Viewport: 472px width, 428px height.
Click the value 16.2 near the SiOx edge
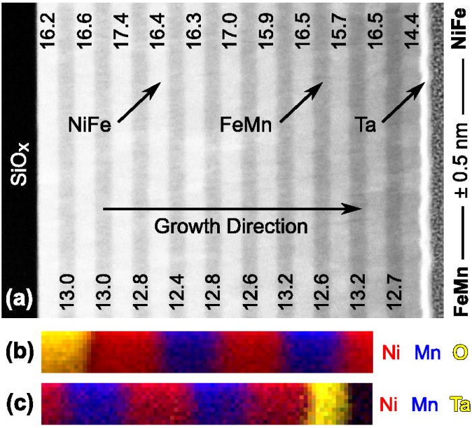[x=48, y=29]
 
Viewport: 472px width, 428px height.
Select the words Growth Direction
[x=231, y=226]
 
